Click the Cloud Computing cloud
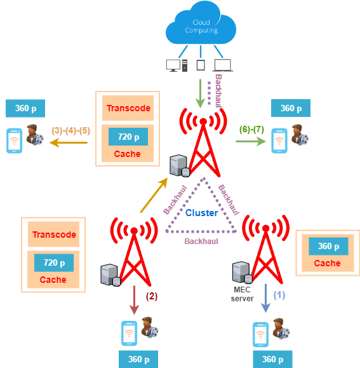point(201,24)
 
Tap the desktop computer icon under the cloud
point(177,65)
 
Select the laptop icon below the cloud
point(223,65)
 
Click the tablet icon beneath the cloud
point(201,65)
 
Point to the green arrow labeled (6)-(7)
point(251,141)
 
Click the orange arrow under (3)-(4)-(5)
point(69,142)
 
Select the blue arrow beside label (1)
point(265,298)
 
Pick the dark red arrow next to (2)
point(134,300)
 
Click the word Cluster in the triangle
point(201,213)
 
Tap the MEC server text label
point(242,294)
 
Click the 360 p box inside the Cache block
point(328,246)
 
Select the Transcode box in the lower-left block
point(54,235)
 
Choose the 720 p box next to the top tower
point(128,137)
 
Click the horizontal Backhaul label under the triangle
point(201,242)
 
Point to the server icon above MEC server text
point(242,273)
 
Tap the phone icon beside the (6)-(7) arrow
point(279,141)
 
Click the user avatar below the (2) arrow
point(150,327)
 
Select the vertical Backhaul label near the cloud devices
point(218,91)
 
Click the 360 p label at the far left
point(25,108)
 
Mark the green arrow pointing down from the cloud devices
point(200,93)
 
